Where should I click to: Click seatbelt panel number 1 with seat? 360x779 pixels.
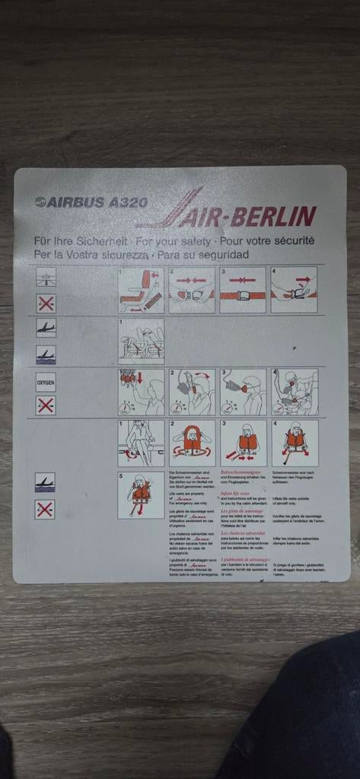[141, 290]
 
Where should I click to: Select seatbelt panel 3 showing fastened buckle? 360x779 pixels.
[243, 290]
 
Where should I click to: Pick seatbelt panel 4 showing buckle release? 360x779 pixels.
[295, 290]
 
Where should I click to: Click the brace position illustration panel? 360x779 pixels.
[141, 340]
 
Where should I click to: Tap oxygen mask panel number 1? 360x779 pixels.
[141, 392]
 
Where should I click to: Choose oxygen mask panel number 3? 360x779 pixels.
[243, 392]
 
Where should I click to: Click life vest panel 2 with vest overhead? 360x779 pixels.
[192, 443]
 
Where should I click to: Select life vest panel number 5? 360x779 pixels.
[141, 494]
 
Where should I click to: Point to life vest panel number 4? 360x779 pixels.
[295, 443]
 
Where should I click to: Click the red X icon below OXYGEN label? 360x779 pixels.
[46, 405]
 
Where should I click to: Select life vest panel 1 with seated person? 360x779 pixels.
[141, 443]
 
